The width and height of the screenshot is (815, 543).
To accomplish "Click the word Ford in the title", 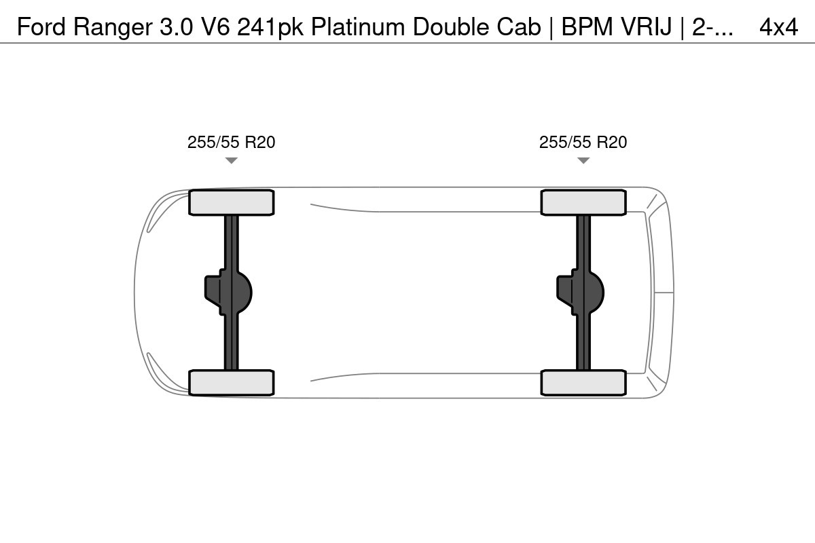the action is (41, 26).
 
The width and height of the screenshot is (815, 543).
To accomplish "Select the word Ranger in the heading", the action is (113, 27).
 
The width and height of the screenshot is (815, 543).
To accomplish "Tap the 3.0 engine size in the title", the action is (176, 26).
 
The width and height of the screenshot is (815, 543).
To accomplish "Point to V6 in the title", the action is (215, 26).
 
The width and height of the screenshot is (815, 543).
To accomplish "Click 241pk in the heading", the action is (270, 27).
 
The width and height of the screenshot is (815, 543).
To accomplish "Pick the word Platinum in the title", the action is (358, 26).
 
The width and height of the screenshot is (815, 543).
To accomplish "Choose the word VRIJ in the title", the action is (646, 26).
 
